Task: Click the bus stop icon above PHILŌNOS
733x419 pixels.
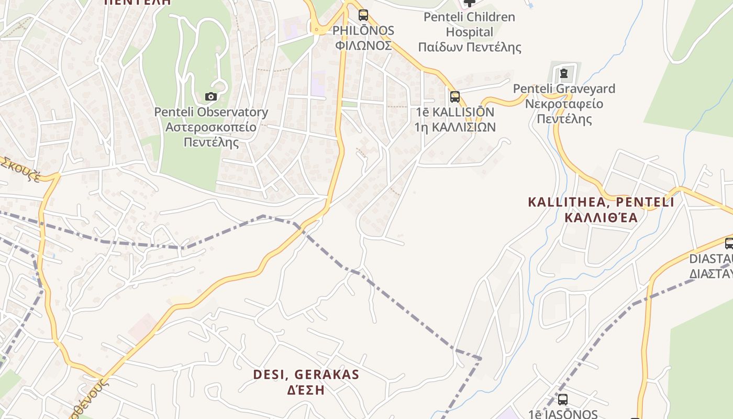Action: point(363,15)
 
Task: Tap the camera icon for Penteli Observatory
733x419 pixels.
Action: point(211,96)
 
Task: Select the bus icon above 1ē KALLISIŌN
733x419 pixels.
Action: point(454,96)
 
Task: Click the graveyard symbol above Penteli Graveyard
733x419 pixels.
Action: point(563,73)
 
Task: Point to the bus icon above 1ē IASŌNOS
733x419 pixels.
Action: point(563,399)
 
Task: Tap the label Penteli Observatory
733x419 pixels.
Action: point(210,112)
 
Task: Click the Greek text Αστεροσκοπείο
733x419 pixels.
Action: point(210,127)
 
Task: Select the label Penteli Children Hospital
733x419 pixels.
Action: point(469,24)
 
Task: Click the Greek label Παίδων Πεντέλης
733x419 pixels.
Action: point(469,48)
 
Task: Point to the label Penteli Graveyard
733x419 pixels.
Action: point(564,89)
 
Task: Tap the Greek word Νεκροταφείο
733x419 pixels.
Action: point(564,104)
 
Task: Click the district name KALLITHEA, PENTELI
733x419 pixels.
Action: point(601,202)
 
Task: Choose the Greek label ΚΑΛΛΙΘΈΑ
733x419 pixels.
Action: point(601,217)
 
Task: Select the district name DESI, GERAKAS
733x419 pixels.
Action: point(306,374)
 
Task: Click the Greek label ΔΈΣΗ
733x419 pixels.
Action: point(306,390)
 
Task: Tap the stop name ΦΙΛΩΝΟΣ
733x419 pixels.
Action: point(363,46)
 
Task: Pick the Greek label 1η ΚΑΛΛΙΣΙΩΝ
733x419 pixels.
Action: point(454,127)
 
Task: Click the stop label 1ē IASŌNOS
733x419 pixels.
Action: point(563,414)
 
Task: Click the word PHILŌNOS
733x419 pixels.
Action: point(363,30)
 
